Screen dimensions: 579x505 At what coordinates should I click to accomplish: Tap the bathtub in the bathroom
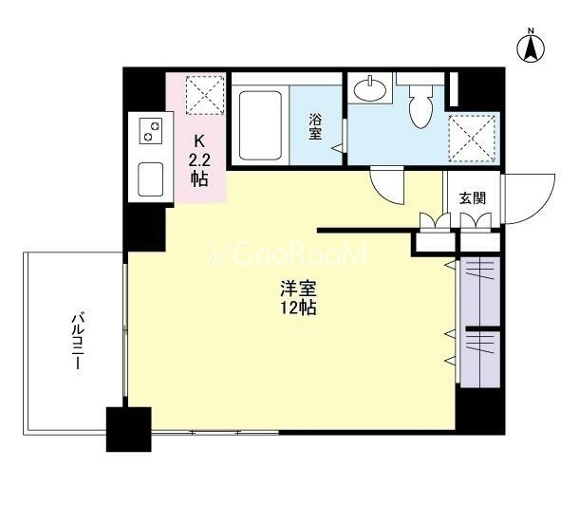click(260, 125)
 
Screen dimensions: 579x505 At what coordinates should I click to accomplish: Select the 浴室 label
click(315, 126)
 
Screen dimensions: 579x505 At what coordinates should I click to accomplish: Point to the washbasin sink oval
click(369, 88)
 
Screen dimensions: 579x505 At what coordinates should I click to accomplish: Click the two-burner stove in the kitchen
click(151, 131)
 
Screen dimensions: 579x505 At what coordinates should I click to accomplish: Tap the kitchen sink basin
click(151, 179)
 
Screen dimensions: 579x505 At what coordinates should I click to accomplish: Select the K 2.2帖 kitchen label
click(199, 159)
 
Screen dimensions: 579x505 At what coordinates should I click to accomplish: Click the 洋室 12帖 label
click(298, 298)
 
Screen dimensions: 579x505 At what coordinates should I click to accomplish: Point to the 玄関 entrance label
click(473, 198)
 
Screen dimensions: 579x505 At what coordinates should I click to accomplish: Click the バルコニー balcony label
click(78, 342)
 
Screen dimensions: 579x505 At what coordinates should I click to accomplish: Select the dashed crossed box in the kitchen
click(205, 95)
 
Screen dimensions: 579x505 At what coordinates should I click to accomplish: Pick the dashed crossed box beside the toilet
click(472, 139)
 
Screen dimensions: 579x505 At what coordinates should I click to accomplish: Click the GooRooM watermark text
click(289, 254)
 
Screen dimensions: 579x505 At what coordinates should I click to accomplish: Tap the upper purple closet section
click(480, 291)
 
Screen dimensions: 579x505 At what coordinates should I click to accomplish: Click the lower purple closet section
click(480, 359)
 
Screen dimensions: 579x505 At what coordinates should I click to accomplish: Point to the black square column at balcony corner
click(128, 429)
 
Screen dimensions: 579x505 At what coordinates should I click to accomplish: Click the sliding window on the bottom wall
click(215, 432)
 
